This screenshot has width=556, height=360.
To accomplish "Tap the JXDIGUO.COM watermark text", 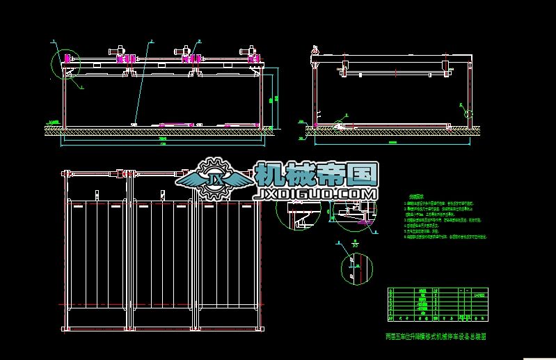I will point(317,194).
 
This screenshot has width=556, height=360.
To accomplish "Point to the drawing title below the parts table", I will point(434,335).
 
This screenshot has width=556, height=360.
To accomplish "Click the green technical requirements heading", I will point(417,197).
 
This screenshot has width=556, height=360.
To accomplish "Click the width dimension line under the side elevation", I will point(394,142).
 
